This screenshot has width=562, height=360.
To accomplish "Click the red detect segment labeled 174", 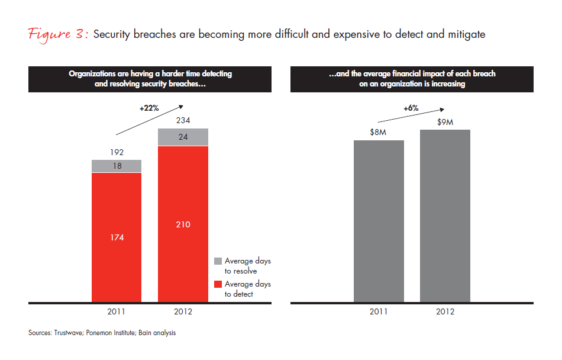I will [x=117, y=237].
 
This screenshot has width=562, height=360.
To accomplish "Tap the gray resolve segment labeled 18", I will [x=117, y=166].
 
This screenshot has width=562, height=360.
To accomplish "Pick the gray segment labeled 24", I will [x=183, y=137].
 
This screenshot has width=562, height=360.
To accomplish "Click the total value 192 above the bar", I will [x=117, y=153].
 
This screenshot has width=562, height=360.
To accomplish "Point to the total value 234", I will [x=183, y=120].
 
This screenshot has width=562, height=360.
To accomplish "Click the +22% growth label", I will [x=148, y=109].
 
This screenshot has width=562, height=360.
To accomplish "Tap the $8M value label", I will [x=379, y=133].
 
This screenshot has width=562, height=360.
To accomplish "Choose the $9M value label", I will [x=445, y=121].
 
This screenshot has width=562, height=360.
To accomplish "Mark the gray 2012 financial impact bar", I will [x=445, y=216].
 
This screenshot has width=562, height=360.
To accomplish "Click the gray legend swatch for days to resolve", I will [x=217, y=261].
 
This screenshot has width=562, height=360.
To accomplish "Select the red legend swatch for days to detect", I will [x=217, y=284].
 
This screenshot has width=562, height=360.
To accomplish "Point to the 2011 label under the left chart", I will [x=117, y=311].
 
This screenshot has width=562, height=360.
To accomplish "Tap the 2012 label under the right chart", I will [x=445, y=311].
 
